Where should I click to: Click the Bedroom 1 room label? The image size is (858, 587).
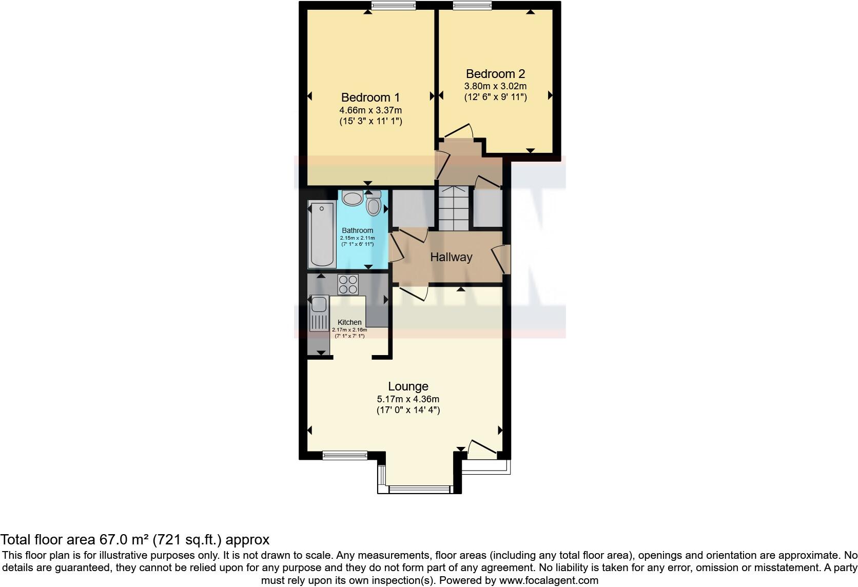[370, 97]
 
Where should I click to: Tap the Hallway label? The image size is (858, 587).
[451, 257]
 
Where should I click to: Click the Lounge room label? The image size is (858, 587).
[408, 386]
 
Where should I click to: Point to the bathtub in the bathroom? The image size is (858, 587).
[322, 234]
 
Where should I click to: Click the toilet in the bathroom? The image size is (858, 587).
[374, 204]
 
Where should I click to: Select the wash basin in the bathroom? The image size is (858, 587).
[352, 198]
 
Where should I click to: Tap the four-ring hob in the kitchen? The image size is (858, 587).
[347, 285]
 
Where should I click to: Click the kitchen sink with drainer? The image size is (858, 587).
[319, 313]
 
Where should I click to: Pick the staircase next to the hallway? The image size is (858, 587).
[454, 208]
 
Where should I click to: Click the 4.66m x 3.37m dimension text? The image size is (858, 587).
[370, 110]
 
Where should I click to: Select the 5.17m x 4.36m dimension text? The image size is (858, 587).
[408, 399]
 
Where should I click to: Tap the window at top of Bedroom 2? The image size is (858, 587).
[472, 6]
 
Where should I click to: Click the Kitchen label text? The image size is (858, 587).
[349, 322]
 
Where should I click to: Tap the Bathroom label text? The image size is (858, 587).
[357, 230]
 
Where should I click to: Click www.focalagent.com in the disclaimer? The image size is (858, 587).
[549, 581]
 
